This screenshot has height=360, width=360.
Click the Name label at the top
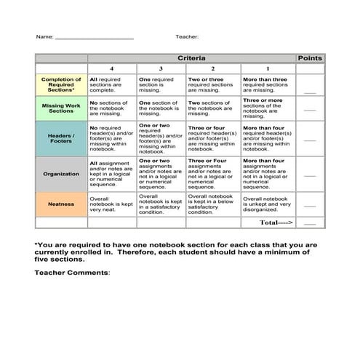(x=44, y=36)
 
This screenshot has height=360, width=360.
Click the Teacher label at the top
(x=187, y=36)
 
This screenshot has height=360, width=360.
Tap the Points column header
(x=310, y=57)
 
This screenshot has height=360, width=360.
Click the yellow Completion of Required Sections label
(x=61, y=84)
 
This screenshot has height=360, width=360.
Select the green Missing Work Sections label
(x=61, y=108)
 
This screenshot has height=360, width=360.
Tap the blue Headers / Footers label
(x=61, y=138)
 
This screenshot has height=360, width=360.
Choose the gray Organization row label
(x=61, y=174)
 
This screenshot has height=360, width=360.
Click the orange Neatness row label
(x=61, y=204)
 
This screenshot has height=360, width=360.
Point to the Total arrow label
(x=276, y=223)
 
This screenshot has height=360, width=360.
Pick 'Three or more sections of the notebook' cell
(x=267, y=108)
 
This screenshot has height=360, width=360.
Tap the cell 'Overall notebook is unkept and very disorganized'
(x=267, y=204)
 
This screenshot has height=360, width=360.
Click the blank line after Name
(x=95, y=37)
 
